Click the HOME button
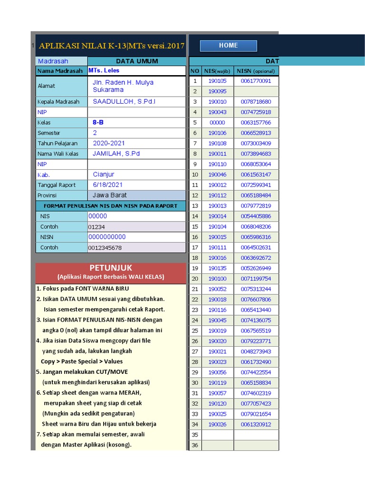point(228,46)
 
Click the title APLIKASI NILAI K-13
point(111,46)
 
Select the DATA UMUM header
point(137,61)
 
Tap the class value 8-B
point(98,123)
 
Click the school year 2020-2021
point(109,143)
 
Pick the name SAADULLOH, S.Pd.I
point(124,102)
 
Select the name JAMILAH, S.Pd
point(116,154)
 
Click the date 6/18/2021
point(107,185)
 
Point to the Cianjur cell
point(104,175)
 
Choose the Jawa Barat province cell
point(109,195)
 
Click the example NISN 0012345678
point(105,248)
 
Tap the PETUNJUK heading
point(111,268)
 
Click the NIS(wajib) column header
point(217,71)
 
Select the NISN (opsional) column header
point(256,71)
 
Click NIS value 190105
point(217,81)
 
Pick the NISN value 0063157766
point(256,123)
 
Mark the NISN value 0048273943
point(256,351)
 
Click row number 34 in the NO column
point(195,424)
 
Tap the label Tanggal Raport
point(57,185)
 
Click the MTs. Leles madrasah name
point(104,71)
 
